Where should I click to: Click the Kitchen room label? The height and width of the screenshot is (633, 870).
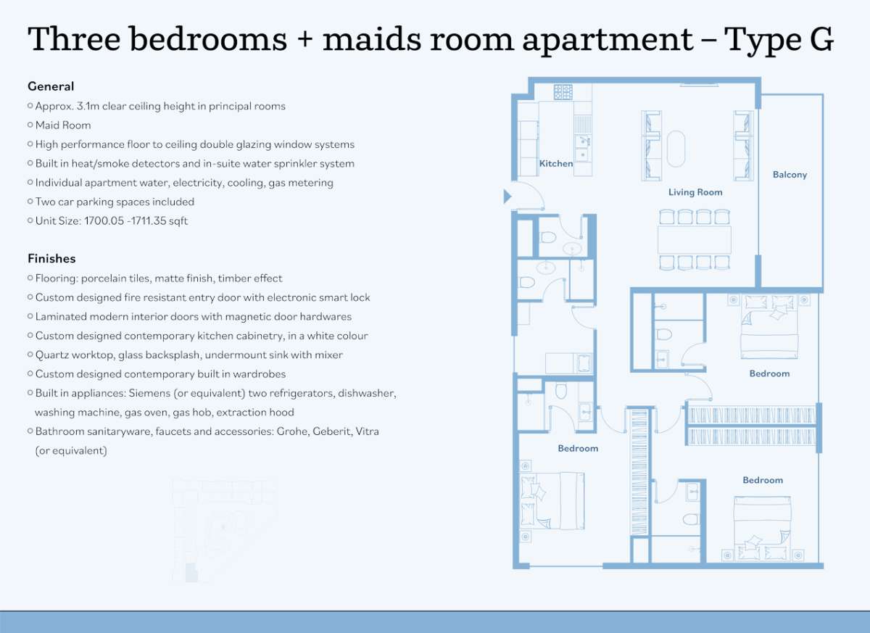click(x=556, y=163)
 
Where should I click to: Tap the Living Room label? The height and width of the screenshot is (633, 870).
click(x=695, y=192)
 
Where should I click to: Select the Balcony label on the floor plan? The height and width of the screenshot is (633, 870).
click(x=790, y=175)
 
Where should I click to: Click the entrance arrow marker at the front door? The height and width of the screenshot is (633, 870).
click(x=507, y=196)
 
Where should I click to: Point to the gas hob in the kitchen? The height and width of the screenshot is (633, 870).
click(x=563, y=92)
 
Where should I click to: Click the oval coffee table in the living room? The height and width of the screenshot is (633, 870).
click(x=676, y=149)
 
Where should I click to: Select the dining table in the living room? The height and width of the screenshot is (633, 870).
click(x=695, y=240)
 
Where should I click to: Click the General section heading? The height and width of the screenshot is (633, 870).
click(x=51, y=86)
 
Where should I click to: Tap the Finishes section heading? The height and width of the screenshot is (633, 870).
click(x=51, y=259)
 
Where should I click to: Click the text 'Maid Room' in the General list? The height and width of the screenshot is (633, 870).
click(x=63, y=125)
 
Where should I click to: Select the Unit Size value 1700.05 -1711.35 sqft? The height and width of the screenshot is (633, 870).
click(x=136, y=221)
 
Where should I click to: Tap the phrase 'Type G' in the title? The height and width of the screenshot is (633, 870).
click(x=779, y=40)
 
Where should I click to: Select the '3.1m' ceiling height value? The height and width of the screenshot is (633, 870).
click(x=88, y=106)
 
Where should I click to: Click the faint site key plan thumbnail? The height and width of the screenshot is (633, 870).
click(x=224, y=530)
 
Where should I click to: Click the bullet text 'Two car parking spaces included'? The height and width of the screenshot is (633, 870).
click(x=115, y=202)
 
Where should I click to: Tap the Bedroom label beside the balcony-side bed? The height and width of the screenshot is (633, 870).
click(x=769, y=373)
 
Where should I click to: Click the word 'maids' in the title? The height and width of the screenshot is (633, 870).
click(x=372, y=39)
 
